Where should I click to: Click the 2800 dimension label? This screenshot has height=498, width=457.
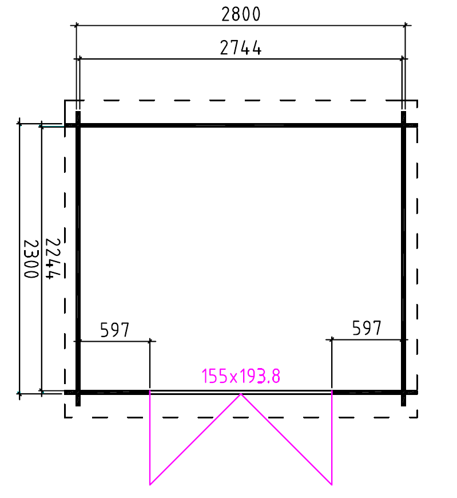click(241, 14)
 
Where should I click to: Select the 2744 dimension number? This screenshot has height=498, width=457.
click(241, 48)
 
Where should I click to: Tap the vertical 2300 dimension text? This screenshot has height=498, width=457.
click(31, 259)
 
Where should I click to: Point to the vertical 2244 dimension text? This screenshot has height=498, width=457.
click(53, 259)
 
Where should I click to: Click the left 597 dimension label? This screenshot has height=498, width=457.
click(115, 330)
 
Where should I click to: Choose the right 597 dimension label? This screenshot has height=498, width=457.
click(367, 328)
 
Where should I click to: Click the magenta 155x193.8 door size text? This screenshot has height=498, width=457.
click(241, 376)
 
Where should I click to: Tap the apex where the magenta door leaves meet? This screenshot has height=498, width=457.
click(241, 394)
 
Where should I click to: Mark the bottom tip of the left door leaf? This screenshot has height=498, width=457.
click(150, 485)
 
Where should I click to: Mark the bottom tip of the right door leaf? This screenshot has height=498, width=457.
click(332, 485)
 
